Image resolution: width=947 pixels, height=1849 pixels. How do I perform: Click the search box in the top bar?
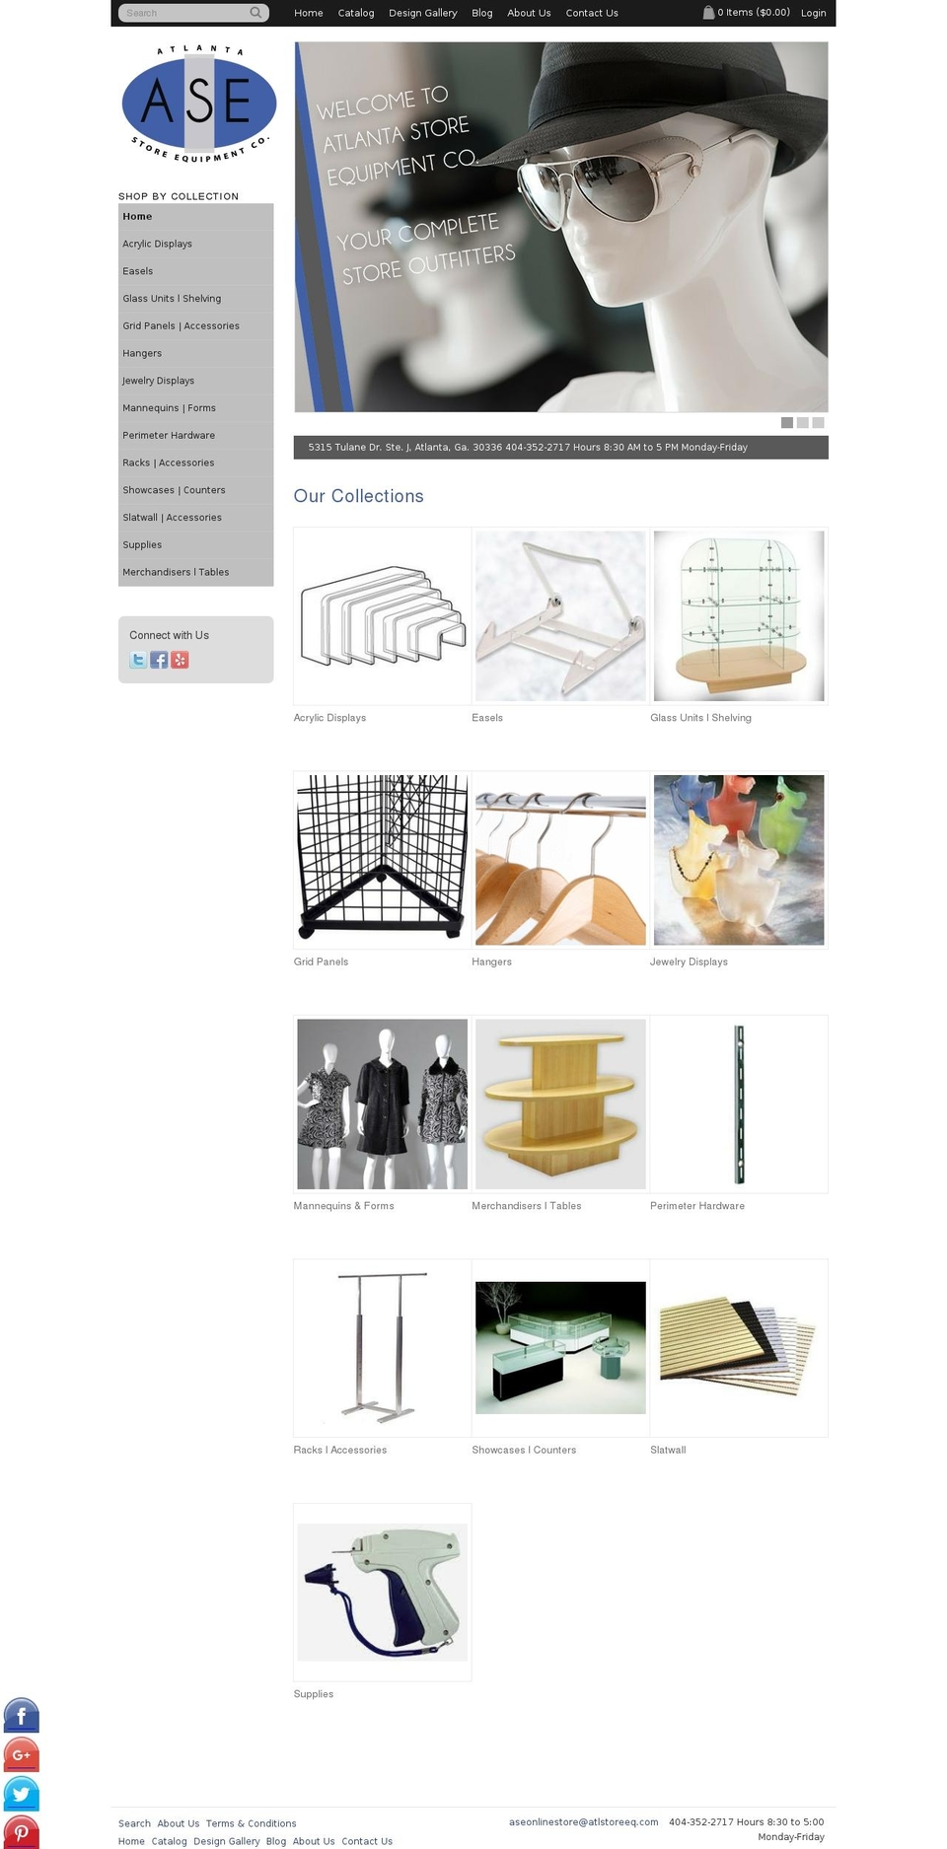pyautogui.click(x=185, y=13)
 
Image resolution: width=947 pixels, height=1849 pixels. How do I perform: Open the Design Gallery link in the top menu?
pyautogui.click(x=422, y=13)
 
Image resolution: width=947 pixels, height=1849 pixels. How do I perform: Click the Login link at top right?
pyautogui.click(x=813, y=13)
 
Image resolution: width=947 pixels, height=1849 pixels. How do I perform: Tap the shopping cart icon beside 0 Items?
pyautogui.click(x=708, y=13)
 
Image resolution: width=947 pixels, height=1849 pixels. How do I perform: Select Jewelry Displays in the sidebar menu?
pyautogui.click(x=159, y=381)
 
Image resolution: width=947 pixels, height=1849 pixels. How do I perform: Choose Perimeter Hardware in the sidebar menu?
pyautogui.click(x=169, y=435)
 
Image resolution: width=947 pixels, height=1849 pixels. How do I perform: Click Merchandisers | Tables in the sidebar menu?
pyautogui.click(x=176, y=572)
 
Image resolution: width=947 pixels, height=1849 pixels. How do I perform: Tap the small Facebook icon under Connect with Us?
pyautogui.click(x=159, y=660)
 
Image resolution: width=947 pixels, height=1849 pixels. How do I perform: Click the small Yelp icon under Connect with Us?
pyautogui.click(x=180, y=660)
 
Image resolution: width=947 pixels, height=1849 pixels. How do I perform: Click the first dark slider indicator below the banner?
pyautogui.click(x=787, y=422)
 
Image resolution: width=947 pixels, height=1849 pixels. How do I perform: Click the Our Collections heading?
pyautogui.click(x=358, y=496)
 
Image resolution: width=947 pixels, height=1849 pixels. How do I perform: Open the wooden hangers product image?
pyautogui.click(x=560, y=859)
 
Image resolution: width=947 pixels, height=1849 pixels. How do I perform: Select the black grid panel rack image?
pyautogui.click(x=382, y=859)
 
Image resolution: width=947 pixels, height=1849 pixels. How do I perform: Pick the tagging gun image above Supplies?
pyautogui.click(x=382, y=1591)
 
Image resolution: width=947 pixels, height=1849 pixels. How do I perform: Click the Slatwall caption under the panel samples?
pyautogui.click(x=668, y=1450)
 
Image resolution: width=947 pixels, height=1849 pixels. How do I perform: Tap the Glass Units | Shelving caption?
pyautogui.click(x=700, y=718)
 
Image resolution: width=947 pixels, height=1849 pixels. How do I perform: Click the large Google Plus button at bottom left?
pyautogui.click(x=22, y=1754)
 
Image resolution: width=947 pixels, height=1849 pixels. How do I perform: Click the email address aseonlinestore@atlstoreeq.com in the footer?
pyautogui.click(x=583, y=1821)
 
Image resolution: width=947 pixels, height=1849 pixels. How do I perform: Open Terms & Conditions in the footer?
pyautogui.click(x=251, y=1823)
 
